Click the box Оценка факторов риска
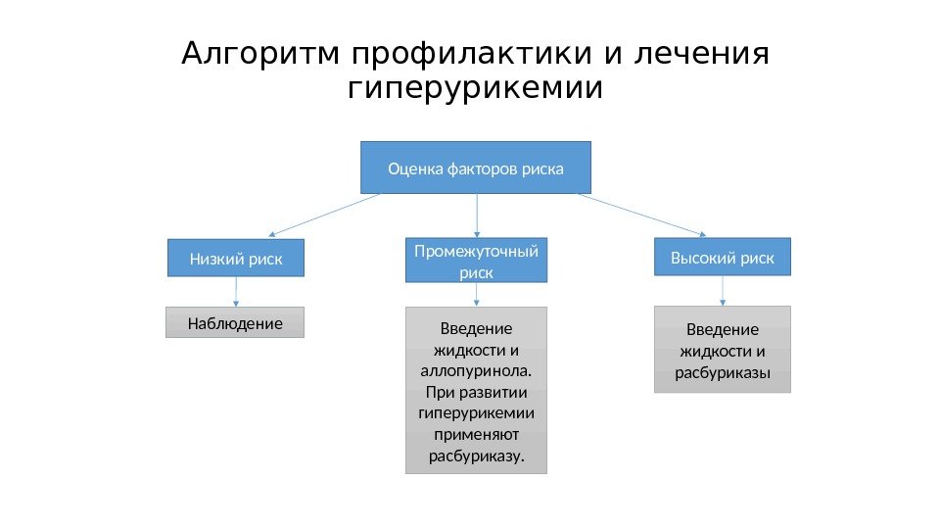click(476, 168)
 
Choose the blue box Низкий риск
click(236, 259)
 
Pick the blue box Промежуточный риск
click(476, 262)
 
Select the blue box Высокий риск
click(722, 258)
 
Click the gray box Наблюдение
click(235, 322)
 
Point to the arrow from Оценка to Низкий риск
click(323, 216)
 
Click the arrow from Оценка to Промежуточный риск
click(477, 216)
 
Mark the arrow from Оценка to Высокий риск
click(641, 215)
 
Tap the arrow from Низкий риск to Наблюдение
click(236, 292)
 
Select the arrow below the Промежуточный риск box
click(477, 295)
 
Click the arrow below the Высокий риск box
click(723, 291)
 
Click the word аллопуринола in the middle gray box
click(475, 372)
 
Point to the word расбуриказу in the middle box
click(477, 457)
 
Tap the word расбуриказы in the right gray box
click(722, 373)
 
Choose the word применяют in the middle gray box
click(476, 435)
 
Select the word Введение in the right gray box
click(722, 329)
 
